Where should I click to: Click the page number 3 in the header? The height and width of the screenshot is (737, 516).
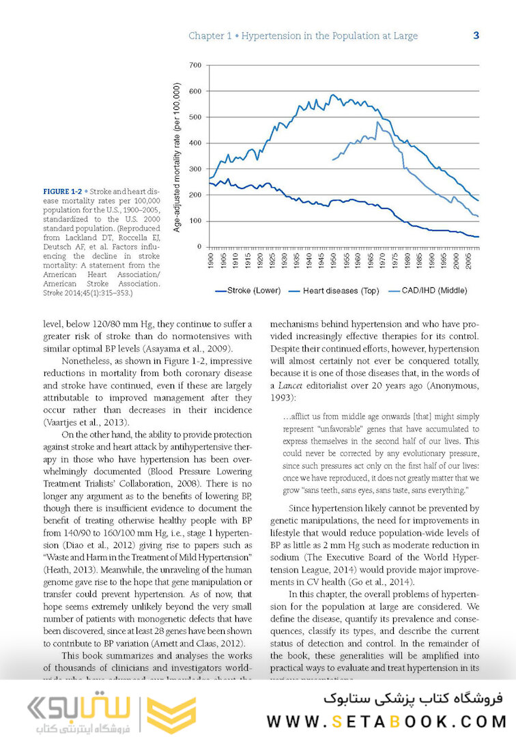[x=476, y=35]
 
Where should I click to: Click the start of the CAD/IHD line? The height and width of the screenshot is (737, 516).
[x=332, y=160]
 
